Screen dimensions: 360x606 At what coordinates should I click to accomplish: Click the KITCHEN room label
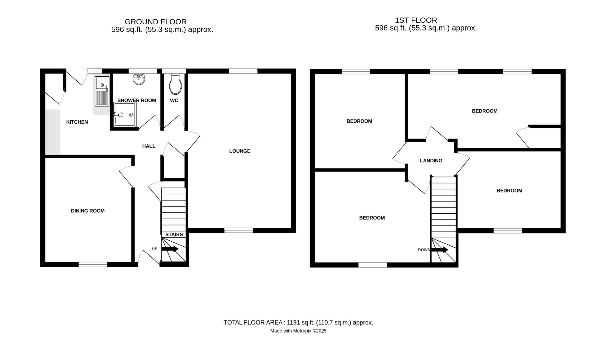click(77, 122)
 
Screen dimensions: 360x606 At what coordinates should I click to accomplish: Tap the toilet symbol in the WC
click(175, 85)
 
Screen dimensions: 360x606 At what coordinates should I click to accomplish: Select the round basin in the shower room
click(139, 79)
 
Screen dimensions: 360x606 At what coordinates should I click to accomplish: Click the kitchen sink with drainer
click(102, 91)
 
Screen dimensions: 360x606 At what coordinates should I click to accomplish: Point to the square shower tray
click(125, 115)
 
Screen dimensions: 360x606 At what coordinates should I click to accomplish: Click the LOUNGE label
click(240, 151)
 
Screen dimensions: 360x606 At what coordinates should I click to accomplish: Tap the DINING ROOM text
click(88, 211)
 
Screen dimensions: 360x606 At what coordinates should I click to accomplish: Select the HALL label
click(149, 146)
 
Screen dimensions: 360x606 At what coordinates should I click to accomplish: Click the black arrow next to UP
click(170, 249)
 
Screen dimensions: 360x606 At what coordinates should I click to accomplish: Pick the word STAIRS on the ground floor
click(174, 234)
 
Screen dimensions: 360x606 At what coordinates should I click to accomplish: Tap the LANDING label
click(431, 161)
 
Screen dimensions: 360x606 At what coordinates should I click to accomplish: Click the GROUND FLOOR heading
click(155, 22)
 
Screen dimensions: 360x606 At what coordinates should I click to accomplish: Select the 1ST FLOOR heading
click(416, 20)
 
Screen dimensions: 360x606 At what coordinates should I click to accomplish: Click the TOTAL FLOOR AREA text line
click(298, 322)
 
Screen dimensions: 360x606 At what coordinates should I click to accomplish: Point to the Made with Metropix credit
click(298, 331)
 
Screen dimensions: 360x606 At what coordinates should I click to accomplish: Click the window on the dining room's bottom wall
click(93, 264)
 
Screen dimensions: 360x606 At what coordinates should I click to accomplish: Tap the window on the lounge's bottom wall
click(238, 230)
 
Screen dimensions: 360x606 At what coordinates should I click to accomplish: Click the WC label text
click(174, 100)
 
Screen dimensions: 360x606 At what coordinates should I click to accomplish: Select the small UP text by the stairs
click(154, 249)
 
